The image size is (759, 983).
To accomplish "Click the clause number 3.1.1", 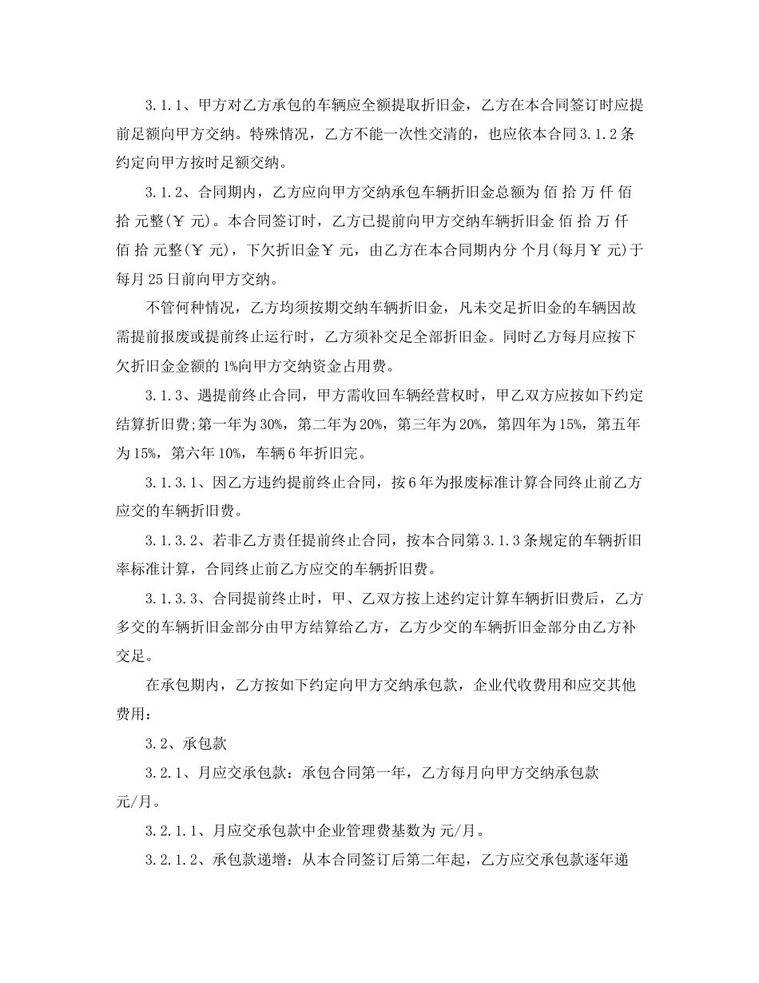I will pos(165,105).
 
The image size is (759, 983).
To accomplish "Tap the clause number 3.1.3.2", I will pos(175,541).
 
